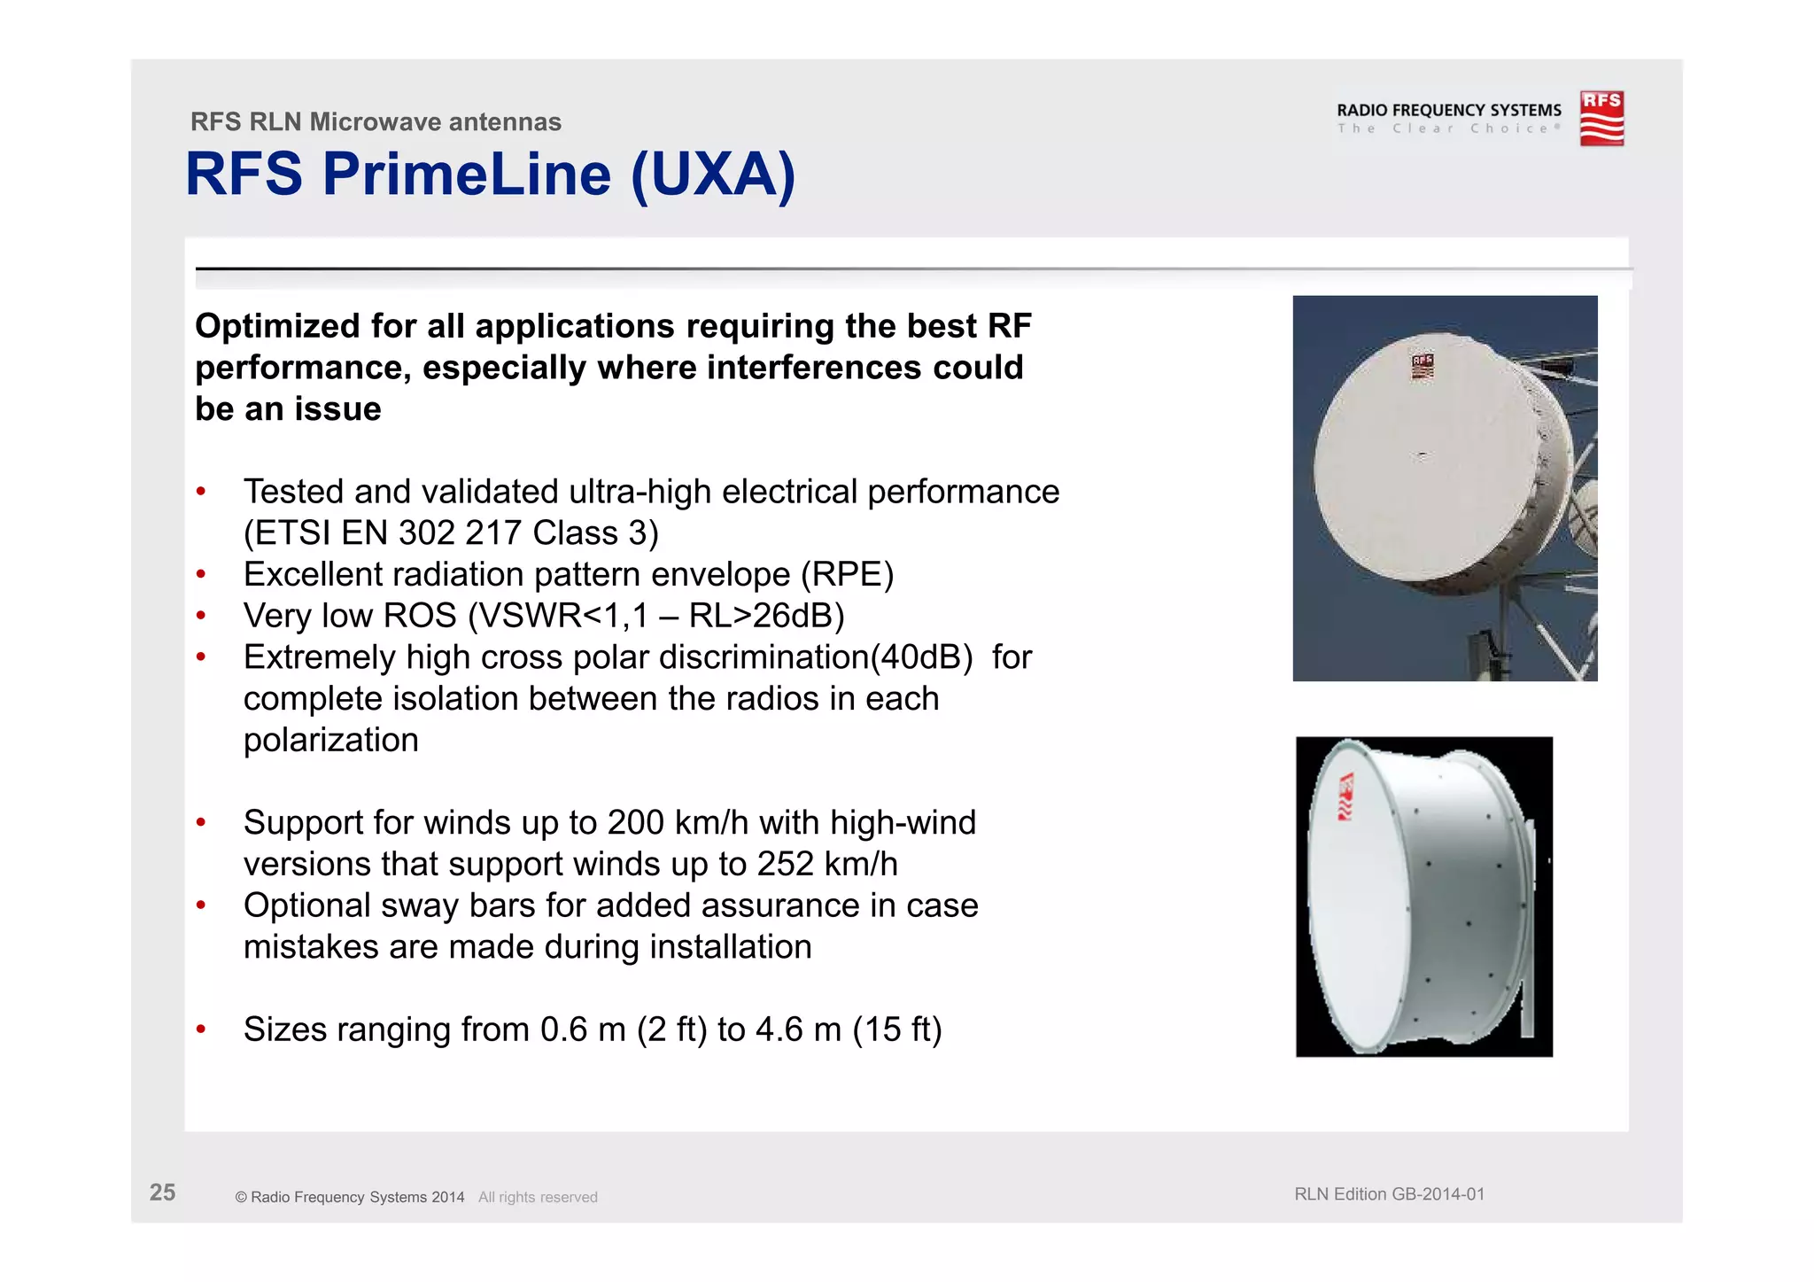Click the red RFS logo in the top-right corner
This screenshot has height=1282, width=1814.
pyautogui.click(x=1601, y=118)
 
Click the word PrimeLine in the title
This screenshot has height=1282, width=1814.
pyautogui.click(x=467, y=174)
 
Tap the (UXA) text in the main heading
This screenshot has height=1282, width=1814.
pyautogui.click(x=713, y=175)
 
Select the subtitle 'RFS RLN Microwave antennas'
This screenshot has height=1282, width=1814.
pyautogui.click(x=376, y=121)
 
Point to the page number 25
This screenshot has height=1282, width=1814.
pyautogui.click(x=162, y=1193)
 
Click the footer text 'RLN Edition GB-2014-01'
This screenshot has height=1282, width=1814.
pyautogui.click(x=1389, y=1194)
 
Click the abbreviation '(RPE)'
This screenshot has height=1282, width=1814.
pyautogui.click(x=847, y=575)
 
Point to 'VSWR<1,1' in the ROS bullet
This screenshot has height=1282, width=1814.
pyautogui.click(x=558, y=617)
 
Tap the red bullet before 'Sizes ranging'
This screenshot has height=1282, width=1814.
pyautogui.click(x=201, y=1029)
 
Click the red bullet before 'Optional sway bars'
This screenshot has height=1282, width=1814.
pyautogui.click(x=201, y=905)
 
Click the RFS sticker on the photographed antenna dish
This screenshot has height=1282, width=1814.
pyautogui.click(x=1422, y=366)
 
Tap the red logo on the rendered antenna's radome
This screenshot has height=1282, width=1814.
pyautogui.click(x=1345, y=796)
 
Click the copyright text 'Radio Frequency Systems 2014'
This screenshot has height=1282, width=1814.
pyautogui.click(x=357, y=1198)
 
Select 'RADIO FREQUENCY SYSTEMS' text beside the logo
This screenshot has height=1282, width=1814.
pyautogui.click(x=1448, y=110)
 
